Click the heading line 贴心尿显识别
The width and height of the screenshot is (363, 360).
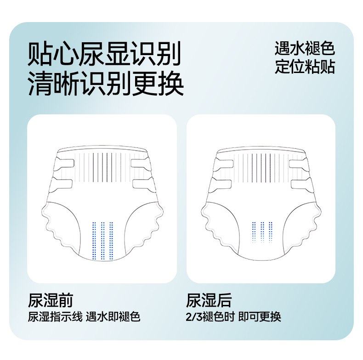coord(104,54)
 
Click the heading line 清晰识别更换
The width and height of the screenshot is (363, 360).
coord(106,83)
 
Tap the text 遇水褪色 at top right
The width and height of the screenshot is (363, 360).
coord(305,48)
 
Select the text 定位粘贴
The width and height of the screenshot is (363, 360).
coord(305,67)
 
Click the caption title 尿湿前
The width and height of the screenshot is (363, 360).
coord(51,300)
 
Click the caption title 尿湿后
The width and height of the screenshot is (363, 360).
coord(209,300)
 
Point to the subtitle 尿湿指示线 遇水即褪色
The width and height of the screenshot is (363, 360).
coord(84,316)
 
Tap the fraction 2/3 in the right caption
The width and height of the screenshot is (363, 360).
coord(194,317)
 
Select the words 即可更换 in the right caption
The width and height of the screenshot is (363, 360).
coord(260,316)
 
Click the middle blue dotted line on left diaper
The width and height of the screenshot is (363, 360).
coord(102,241)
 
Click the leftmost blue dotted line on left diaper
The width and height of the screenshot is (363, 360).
coord(94,241)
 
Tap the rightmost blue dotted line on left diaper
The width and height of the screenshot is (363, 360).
coord(111,241)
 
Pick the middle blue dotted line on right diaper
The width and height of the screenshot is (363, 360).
coord(262,232)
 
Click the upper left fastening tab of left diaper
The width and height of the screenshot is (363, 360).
coord(64,164)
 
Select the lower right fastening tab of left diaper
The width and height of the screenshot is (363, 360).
coord(144,185)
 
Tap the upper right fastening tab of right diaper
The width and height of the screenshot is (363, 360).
coord(299,164)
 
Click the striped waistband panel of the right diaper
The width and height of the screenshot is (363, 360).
coord(261,168)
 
